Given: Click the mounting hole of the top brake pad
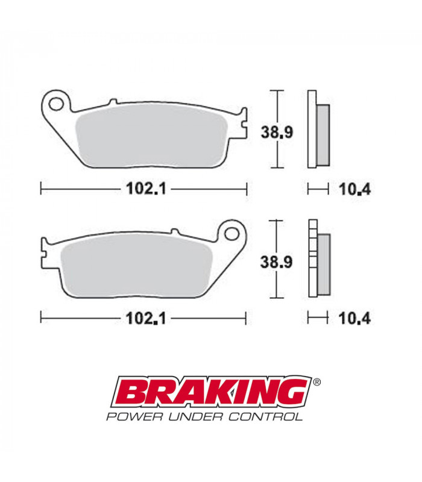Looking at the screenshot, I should point(57,104).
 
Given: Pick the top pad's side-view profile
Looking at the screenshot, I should point(318,130).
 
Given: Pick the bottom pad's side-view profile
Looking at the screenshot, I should point(318,258).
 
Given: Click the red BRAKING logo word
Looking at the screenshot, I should point(215,393).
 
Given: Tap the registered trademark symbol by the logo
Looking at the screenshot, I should point(317,382).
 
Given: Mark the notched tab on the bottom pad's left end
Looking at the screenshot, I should point(44,249).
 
